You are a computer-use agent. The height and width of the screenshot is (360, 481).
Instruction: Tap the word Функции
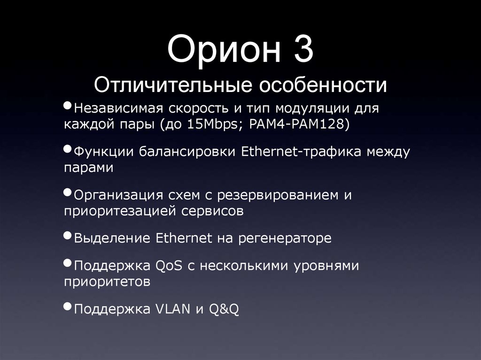click(102, 152)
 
